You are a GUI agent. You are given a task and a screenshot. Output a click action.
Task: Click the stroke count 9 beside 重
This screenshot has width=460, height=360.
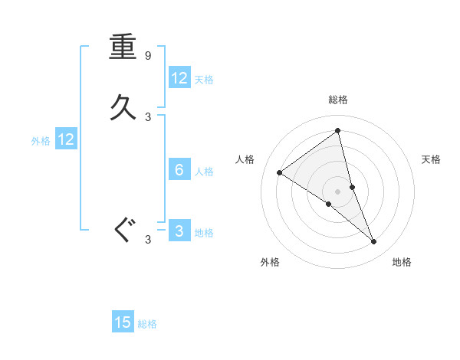(x=148, y=56)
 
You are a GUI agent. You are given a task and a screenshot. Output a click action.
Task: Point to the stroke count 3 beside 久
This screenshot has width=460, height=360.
(x=148, y=117)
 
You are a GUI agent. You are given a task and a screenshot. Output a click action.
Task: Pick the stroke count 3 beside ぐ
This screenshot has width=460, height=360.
(x=148, y=240)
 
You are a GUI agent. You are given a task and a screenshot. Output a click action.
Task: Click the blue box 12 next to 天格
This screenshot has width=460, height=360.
(x=179, y=78)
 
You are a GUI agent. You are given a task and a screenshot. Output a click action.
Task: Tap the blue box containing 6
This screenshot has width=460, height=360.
(x=179, y=170)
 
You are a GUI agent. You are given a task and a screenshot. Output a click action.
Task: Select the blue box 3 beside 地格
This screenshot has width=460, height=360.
(x=179, y=231)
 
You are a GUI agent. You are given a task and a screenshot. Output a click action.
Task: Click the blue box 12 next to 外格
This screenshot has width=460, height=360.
(x=66, y=139)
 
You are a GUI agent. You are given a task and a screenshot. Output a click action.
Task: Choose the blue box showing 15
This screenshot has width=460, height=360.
(x=123, y=322)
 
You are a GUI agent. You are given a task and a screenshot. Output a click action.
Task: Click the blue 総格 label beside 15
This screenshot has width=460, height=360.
(x=147, y=324)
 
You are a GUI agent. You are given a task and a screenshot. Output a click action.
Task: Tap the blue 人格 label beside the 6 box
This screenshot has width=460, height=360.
(x=204, y=172)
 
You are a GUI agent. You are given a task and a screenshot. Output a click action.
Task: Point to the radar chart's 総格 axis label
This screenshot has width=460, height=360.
(x=338, y=100)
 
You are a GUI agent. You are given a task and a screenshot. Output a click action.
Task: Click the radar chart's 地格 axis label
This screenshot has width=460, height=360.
(x=402, y=262)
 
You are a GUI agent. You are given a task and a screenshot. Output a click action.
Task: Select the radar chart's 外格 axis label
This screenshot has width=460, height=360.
(x=270, y=262)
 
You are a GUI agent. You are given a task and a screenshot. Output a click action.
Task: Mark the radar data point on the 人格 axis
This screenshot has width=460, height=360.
(x=279, y=172)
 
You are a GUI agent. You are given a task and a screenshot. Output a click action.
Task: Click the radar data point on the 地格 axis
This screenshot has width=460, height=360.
(x=374, y=242)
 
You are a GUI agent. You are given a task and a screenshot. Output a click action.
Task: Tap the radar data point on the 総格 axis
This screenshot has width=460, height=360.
(x=338, y=130)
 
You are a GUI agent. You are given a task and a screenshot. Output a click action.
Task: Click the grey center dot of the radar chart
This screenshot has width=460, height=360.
(x=338, y=191)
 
